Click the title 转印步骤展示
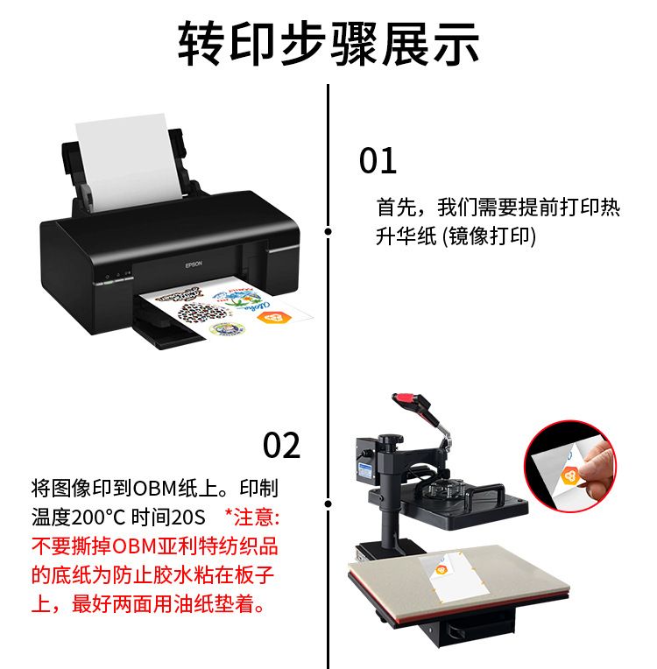[x=328, y=44]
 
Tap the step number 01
[x=378, y=160]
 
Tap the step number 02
[x=281, y=445]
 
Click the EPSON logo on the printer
[x=194, y=265]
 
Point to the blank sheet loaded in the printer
[x=128, y=161]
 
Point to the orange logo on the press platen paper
[x=441, y=569]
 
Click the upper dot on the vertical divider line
[x=328, y=231]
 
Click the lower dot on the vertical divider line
[x=328, y=504]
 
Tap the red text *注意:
[x=252, y=518]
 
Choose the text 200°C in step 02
[x=99, y=518]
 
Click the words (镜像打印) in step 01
[x=489, y=236]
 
